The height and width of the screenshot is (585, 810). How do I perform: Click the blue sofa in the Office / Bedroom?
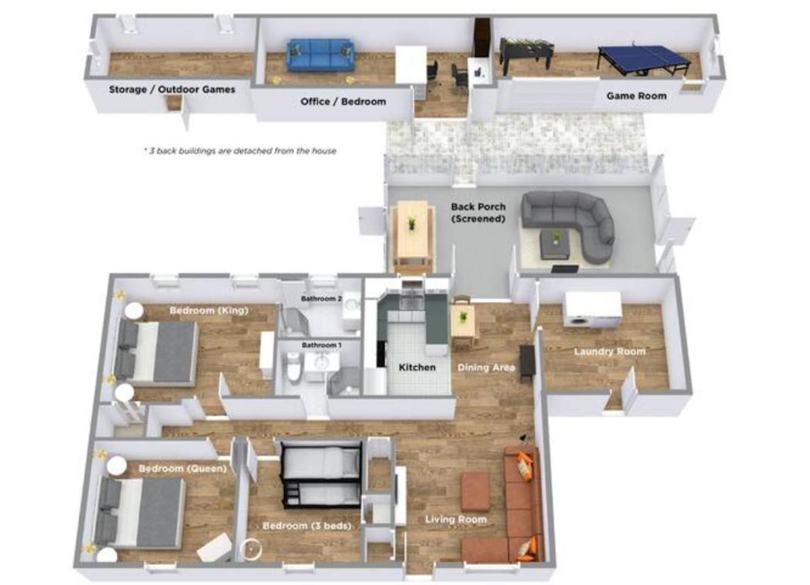[x=321, y=54]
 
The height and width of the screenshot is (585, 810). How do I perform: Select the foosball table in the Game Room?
[x=527, y=54]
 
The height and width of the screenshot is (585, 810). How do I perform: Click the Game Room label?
[x=636, y=96]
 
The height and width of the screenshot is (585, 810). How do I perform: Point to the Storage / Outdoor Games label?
[x=172, y=89]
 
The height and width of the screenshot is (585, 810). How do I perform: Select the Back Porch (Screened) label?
[x=478, y=213]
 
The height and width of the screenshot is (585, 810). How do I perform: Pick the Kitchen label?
[x=417, y=367]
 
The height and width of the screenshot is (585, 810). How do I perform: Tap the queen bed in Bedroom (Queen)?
[x=141, y=512]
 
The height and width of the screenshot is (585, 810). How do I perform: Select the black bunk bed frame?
[x=320, y=475]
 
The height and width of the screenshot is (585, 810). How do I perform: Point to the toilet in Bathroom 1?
[x=293, y=366]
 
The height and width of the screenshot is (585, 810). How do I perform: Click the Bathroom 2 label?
[x=321, y=299]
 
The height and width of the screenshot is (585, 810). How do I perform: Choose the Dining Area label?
[x=486, y=367]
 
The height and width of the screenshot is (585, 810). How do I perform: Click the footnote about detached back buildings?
[x=239, y=151]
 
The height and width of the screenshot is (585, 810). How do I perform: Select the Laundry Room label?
[x=610, y=351]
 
